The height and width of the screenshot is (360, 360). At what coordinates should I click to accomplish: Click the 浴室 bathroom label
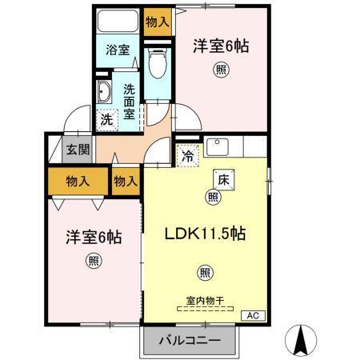tap(118, 50)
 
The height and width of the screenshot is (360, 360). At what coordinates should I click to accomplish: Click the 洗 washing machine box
tap(106, 120)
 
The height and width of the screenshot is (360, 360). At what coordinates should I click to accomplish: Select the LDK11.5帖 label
tap(205, 235)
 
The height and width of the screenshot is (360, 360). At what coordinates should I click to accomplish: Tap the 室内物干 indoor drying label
tap(204, 300)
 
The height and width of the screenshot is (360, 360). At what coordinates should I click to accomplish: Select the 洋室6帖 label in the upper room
tap(220, 46)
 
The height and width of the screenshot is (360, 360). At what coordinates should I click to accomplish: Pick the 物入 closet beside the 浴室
tap(157, 19)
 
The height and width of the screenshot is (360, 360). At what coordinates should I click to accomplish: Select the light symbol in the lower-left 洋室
tap(94, 260)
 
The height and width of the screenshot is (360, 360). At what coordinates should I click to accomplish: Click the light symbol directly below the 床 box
tap(214, 197)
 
